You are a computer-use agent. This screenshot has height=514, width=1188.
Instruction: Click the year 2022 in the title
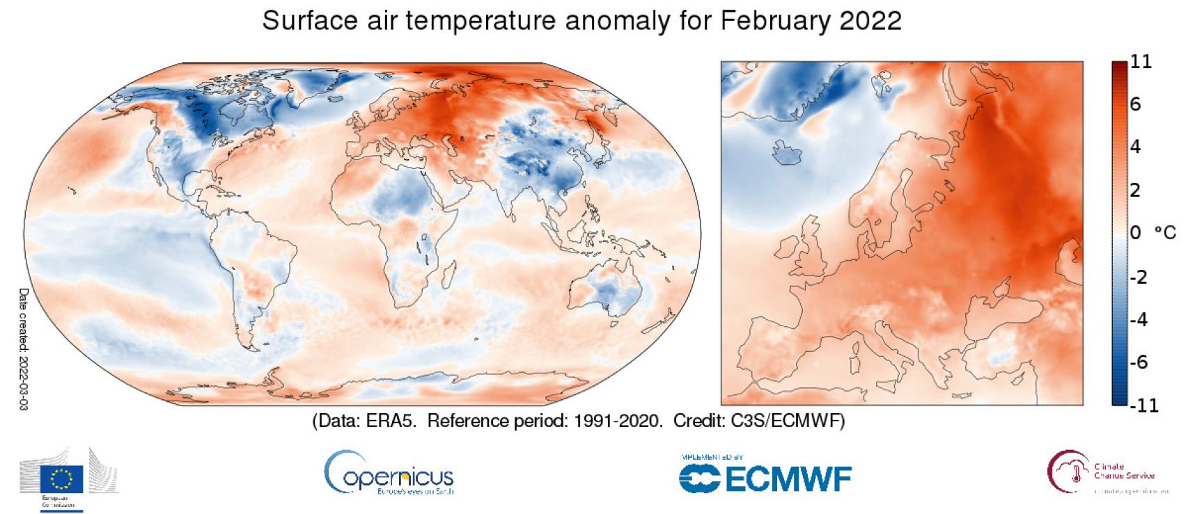870,21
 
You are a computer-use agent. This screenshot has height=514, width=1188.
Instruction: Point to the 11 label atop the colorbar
1141,62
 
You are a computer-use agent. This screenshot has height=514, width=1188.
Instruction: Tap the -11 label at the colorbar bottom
1143,405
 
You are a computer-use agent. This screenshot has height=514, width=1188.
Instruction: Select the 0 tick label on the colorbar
1136,233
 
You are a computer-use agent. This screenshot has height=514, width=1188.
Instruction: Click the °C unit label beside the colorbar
1165,233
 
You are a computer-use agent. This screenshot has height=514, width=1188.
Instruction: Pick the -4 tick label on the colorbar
1138,319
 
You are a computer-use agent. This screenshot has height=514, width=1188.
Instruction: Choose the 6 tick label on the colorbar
1136,104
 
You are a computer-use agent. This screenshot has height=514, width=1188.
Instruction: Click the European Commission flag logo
62,478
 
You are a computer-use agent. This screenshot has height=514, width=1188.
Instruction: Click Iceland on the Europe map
788,152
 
